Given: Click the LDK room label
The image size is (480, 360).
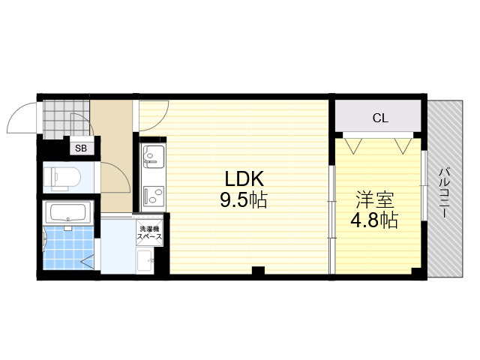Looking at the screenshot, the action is click(244, 179).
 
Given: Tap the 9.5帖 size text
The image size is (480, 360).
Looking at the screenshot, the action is click(244, 200).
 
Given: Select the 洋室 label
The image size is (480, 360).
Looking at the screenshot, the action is click(374, 199).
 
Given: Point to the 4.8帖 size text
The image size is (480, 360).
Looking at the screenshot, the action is click(374, 220).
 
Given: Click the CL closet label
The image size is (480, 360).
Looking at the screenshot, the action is click(380, 118).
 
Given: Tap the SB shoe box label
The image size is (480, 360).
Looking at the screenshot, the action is click(81, 148).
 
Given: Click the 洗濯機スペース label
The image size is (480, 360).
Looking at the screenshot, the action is click(149, 232).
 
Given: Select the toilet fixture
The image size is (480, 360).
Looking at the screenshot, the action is click(61, 177).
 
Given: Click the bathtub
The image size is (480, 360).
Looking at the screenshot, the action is click(67, 212).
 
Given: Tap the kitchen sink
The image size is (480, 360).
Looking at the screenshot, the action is click(153, 155).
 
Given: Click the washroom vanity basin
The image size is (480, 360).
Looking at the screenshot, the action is click(144, 260).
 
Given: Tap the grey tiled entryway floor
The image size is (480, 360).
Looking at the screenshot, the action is click(66, 118).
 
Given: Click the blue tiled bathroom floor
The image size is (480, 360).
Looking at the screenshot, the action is click(68, 247).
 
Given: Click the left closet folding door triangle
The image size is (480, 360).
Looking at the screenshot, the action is click(353, 145).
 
